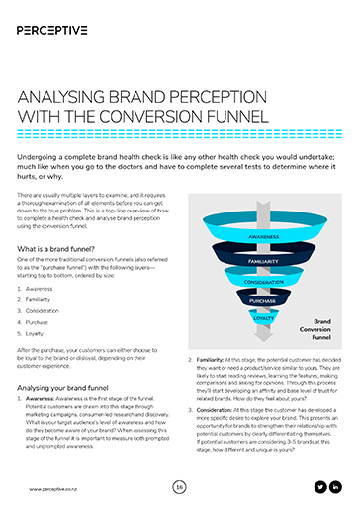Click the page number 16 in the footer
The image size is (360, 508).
click(179, 486)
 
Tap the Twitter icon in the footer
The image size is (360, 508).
click(319, 486)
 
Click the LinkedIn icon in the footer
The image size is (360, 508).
click(335, 486)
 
